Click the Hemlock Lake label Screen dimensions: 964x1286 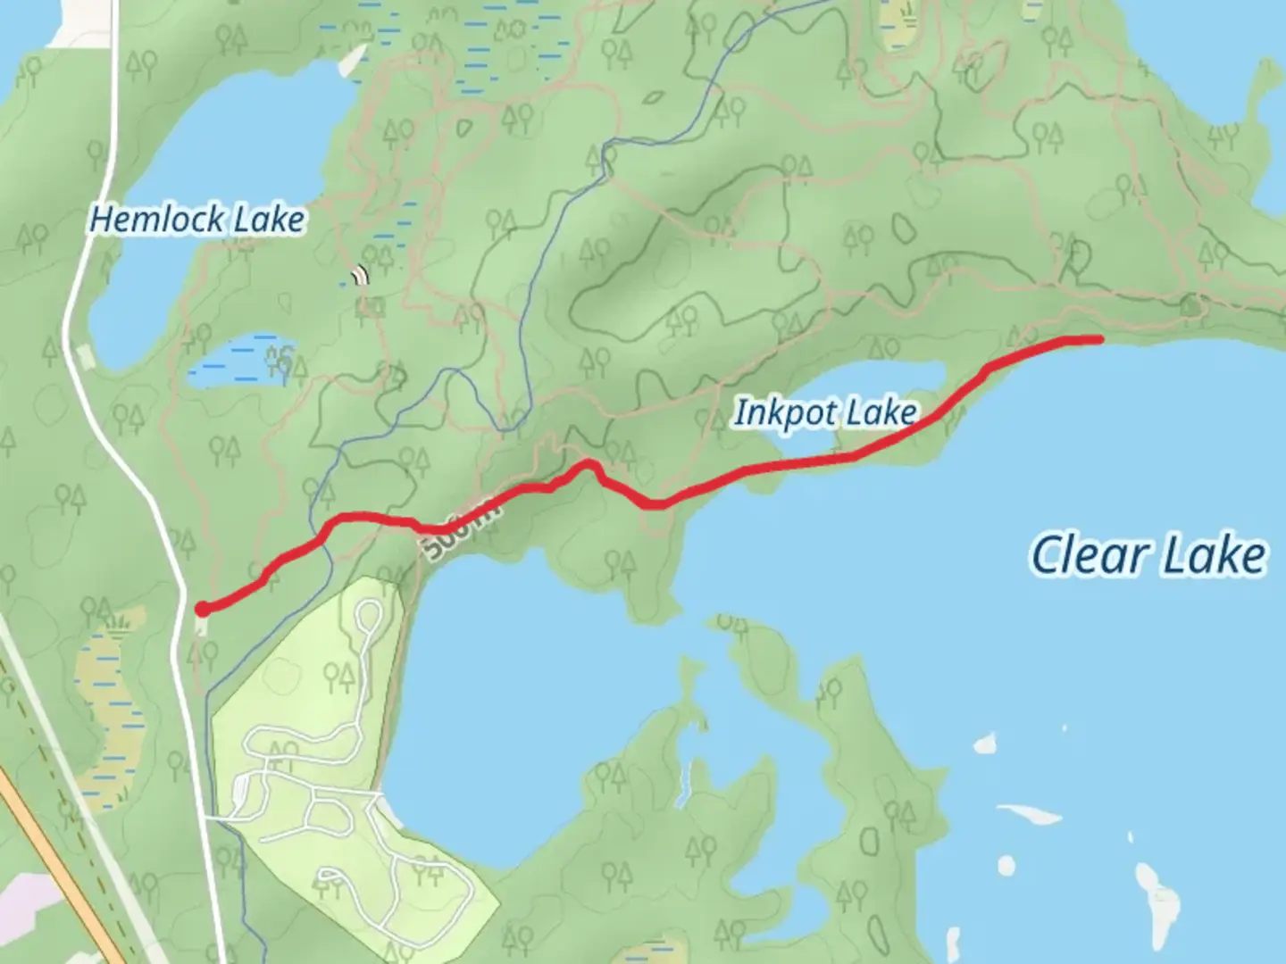pos(197,220)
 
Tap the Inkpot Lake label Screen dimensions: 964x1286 pos(825,412)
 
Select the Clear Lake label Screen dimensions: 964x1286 pos(1148,555)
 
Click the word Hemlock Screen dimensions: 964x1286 pos(146,220)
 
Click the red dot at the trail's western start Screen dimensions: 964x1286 pos(203,609)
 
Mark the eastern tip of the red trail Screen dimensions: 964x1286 pos(1098,338)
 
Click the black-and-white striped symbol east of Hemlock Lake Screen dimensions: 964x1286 pos(361,275)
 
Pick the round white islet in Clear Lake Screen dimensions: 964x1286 pos(1006,865)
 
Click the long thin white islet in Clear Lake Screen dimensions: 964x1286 pos(1029,813)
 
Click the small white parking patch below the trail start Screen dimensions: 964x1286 pos(200,627)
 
